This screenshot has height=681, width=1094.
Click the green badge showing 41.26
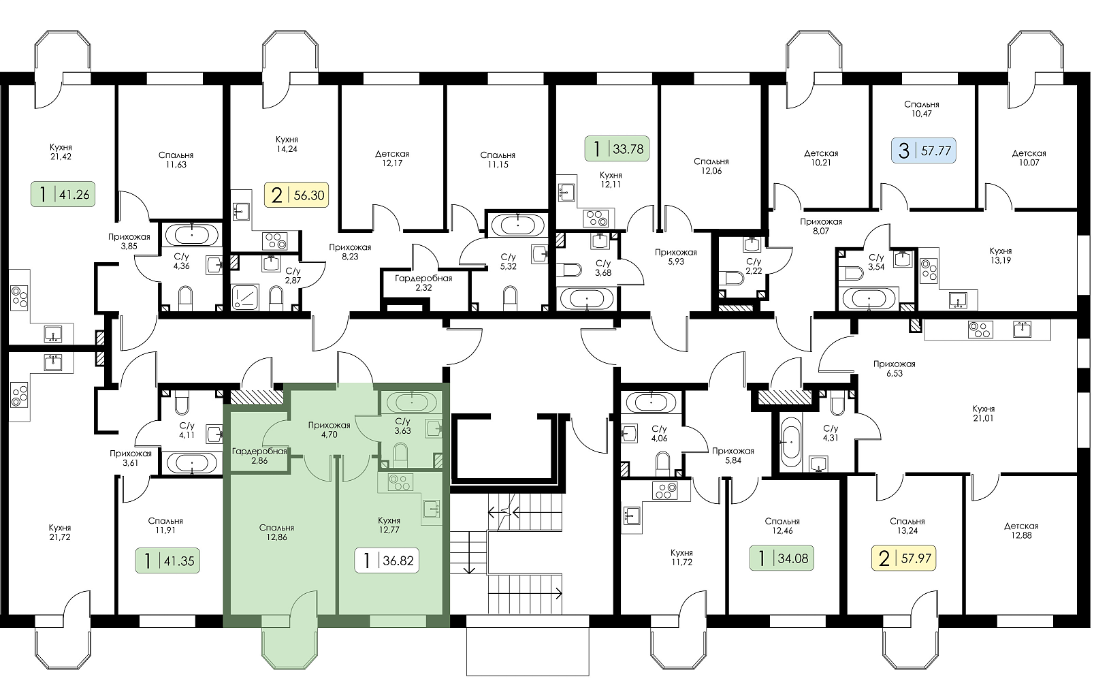pos(63,194)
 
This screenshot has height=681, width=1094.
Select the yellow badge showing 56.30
pos(296,195)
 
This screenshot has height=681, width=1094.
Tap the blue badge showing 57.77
pos(924,150)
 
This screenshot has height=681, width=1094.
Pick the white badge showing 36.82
pos(387,560)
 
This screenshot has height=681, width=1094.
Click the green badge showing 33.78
pos(617,148)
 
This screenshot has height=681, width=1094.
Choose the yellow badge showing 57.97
pos(904,558)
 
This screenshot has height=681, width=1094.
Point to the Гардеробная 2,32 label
pos(423,283)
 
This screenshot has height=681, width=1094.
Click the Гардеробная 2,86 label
pos(259,456)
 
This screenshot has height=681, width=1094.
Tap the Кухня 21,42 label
pos(61,151)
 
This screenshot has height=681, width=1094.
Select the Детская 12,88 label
pos(1021,530)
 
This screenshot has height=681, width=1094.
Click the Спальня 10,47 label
pos(922,108)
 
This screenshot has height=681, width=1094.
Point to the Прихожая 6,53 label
pos(895,368)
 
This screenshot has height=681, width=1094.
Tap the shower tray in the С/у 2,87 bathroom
pos(244,297)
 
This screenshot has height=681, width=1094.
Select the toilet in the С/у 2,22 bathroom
pos(734,278)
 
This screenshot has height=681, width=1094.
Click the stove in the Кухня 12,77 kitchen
pos(400,483)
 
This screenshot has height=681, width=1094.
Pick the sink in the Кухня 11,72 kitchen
pos(632,515)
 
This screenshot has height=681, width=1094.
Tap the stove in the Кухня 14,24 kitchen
pos(274,241)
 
